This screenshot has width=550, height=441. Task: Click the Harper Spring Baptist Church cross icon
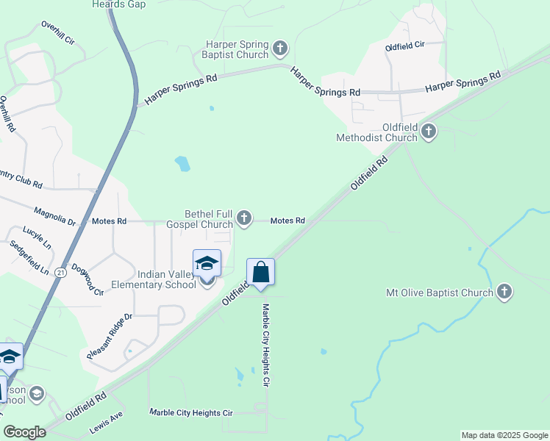pyautogui.click(x=279, y=49)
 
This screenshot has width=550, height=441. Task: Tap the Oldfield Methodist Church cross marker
pyautogui.click(x=429, y=132)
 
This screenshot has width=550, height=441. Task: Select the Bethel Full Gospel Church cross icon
pyautogui.click(x=244, y=218)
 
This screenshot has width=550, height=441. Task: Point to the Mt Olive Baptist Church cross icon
pyautogui.click(x=504, y=293)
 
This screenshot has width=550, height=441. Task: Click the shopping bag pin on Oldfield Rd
pyautogui.click(x=260, y=272)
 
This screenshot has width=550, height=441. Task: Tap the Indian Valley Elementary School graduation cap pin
pyautogui.click(x=207, y=263)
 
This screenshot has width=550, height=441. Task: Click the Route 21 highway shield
pyautogui.click(x=60, y=272)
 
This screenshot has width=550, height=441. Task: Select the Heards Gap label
pyautogui.click(x=118, y=4)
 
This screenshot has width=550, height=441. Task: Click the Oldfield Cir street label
pyautogui.click(x=405, y=46)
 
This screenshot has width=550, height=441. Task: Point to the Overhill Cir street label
pyautogui.click(x=58, y=34)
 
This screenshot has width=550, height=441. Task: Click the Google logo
pyautogui.click(x=24, y=432)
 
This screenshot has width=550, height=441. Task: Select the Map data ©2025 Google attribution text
pyautogui.click(x=504, y=435)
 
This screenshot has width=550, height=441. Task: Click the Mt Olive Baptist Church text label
pyautogui.click(x=440, y=293)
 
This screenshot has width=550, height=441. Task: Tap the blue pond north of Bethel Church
pyautogui.click(x=182, y=163)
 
